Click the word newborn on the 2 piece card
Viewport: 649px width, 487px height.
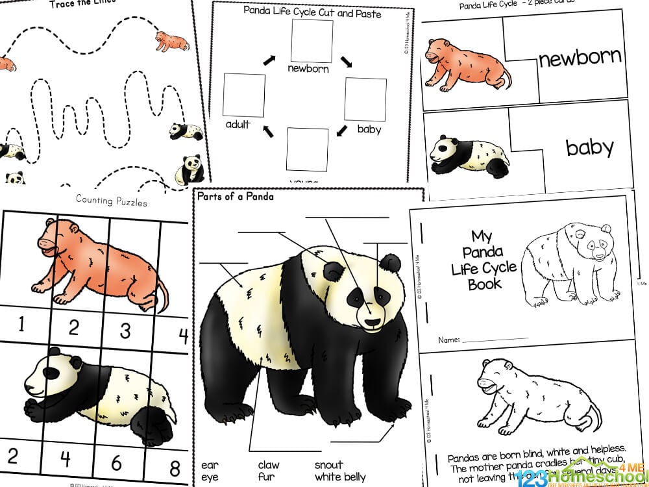pos(580,58)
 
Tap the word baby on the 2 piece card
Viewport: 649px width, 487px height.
pos(589,147)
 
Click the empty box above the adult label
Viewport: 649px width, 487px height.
pos(244,95)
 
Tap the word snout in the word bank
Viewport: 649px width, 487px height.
pos(329,464)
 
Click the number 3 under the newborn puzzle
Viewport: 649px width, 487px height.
pos(125,330)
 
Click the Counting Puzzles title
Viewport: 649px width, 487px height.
pos(111,200)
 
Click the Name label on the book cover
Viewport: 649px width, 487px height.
pos(448,340)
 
